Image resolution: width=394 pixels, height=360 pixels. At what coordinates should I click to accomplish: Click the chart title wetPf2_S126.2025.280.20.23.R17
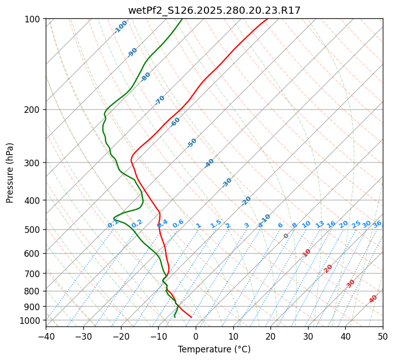tap(214, 10)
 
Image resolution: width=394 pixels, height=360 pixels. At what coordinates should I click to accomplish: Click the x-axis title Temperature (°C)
tap(214, 349)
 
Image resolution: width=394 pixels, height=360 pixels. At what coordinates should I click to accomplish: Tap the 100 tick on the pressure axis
tap(34, 19)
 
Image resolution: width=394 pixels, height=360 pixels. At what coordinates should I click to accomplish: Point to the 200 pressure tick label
tap(34, 110)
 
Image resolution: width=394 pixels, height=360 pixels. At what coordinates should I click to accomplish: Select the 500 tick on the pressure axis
tap(34, 230)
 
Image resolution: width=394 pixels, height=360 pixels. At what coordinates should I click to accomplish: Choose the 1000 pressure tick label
tap(32, 320)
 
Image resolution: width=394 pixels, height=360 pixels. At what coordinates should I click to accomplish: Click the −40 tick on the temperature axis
tap(46, 336)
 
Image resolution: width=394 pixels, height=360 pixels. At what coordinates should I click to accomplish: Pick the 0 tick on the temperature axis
tap(196, 336)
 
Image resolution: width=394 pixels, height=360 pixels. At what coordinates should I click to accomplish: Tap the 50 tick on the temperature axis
tap(383, 336)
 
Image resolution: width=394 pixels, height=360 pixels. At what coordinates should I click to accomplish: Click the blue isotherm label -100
tap(121, 27)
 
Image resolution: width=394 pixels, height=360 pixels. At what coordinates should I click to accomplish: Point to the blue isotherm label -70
tap(160, 100)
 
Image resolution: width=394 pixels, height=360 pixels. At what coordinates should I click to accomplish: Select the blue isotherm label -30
tap(227, 183)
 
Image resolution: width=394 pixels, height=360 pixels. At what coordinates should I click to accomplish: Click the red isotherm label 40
tap(373, 299)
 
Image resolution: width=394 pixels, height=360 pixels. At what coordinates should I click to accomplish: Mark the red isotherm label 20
tap(328, 268)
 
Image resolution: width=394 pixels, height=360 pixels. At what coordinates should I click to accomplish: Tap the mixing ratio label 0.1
tap(113, 224)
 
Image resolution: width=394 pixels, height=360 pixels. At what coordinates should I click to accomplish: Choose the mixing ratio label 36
tap(377, 224)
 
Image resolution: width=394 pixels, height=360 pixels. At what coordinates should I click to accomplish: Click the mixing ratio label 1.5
tap(216, 224)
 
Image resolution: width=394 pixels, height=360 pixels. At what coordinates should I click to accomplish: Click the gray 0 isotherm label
tap(286, 236)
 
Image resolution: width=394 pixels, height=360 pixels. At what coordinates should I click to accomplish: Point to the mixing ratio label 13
tap(320, 224)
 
